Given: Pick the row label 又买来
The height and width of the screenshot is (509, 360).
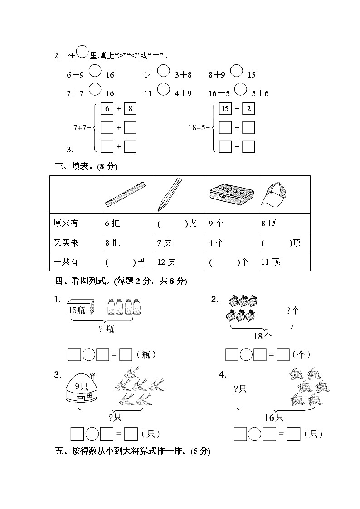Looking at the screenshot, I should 66,243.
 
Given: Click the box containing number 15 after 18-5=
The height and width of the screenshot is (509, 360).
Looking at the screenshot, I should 225,108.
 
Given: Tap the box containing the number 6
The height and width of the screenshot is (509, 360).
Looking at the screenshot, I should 107,108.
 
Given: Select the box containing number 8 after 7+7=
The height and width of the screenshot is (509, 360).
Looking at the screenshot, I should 130,108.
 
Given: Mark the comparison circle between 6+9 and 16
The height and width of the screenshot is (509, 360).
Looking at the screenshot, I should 95,71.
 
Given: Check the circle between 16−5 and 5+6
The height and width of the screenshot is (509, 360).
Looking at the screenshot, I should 241,89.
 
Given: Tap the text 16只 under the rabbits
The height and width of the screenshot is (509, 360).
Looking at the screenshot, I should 274,417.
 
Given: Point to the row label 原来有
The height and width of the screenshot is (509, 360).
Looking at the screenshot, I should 66,223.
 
